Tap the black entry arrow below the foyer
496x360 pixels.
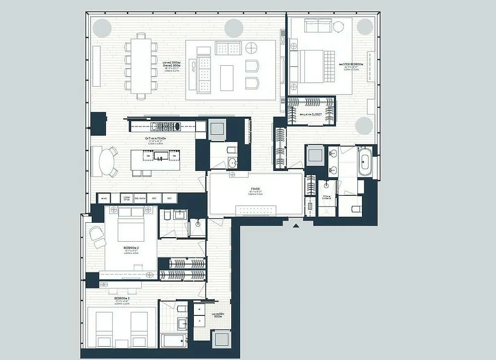[x=295, y=225]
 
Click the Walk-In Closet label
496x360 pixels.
[x=311, y=114]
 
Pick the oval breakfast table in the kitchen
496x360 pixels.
[x=106, y=162]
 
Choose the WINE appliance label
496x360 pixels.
[x=104, y=198]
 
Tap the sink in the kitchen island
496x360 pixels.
[x=159, y=155]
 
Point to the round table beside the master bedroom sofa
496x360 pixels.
[x=338, y=27]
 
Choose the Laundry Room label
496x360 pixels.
[x=218, y=316]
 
